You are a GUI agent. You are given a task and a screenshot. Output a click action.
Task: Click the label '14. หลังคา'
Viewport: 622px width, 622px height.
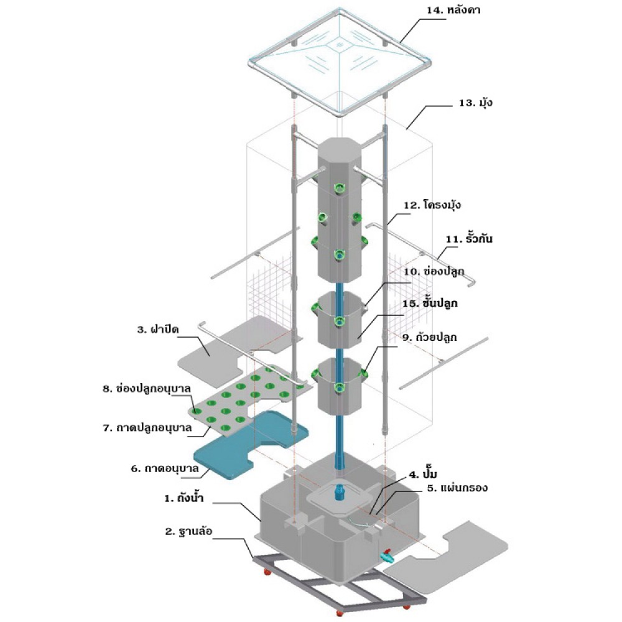pyautogui.click(x=453, y=11)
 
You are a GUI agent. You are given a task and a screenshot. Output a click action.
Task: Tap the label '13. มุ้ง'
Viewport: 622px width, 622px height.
pyautogui.click(x=476, y=103)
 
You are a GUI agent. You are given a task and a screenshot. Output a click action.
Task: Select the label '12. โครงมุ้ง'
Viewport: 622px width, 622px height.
pyautogui.click(x=432, y=205)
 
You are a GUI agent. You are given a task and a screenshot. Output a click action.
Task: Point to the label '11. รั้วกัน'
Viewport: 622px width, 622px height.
pyautogui.click(x=469, y=239)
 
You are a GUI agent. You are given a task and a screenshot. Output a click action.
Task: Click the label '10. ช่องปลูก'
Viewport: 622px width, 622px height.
pyautogui.click(x=434, y=272)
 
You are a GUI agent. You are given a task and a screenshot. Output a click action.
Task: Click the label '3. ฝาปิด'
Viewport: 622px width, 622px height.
pyautogui.click(x=158, y=329)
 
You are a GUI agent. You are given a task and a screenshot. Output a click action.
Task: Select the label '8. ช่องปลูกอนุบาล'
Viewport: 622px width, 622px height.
pyautogui.click(x=147, y=389)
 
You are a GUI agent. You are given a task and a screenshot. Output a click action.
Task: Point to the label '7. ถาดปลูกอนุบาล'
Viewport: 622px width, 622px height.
pyautogui.click(x=147, y=428)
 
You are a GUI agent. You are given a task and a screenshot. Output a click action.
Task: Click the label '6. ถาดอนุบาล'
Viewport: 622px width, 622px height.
pyautogui.click(x=165, y=468)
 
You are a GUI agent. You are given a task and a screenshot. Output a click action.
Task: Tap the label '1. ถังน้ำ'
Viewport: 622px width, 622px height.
pyautogui.click(x=184, y=498)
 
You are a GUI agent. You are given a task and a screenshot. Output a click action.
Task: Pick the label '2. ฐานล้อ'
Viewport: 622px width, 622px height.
pyautogui.click(x=189, y=532)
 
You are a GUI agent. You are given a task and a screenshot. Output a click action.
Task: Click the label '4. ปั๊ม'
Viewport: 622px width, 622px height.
pyautogui.click(x=423, y=475)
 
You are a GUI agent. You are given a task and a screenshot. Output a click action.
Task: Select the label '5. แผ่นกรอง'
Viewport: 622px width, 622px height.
pyautogui.click(x=457, y=488)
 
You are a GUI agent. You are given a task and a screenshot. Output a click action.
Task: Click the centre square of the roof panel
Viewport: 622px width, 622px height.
pyautogui.click(x=340, y=44)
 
